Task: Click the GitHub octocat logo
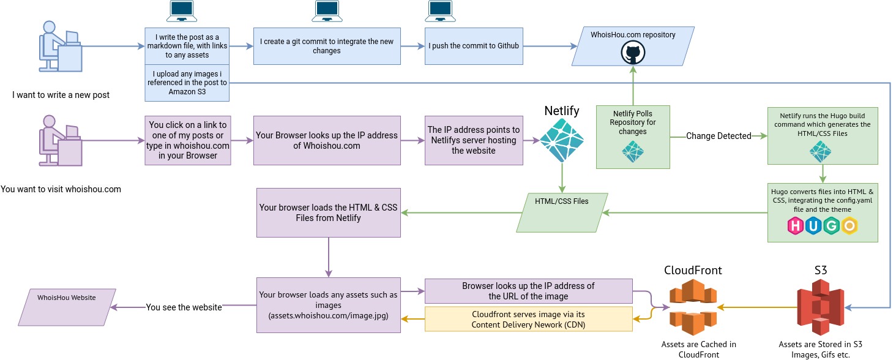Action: (x=633, y=53)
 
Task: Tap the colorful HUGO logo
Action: (x=822, y=226)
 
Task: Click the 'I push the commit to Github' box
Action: (x=474, y=46)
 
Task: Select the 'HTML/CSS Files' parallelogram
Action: (x=562, y=212)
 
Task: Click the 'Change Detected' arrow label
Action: (x=718, y=136)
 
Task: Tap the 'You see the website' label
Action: (x=184, y=307)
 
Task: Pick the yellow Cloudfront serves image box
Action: (x=528, y=320)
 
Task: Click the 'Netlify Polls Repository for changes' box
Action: (x=633, y=137)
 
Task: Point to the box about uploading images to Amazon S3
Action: (x=187, y=83)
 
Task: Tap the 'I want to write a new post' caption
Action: (x=61, y=95)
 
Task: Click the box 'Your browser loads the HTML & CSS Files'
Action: (x=328, y=212)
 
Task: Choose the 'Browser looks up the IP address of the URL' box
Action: (x=528, y=291)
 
